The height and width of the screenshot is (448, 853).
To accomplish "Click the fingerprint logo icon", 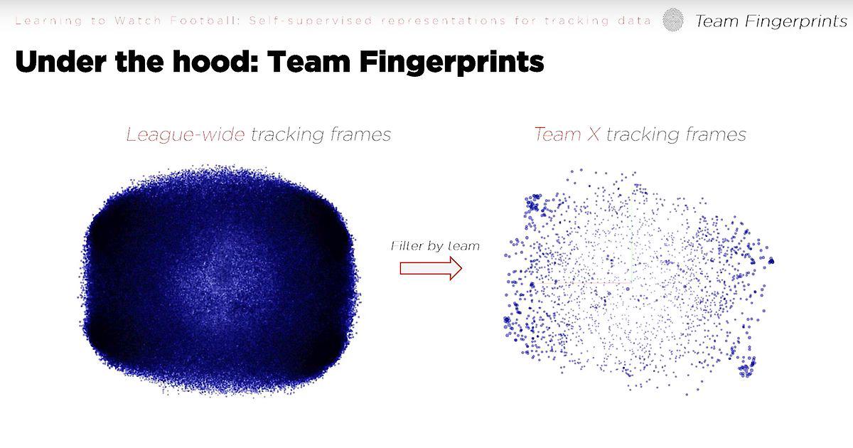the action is [x=673, y=19].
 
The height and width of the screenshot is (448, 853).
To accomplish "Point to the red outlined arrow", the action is [x=431, y=268].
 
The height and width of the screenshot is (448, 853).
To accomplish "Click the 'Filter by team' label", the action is [x=435, y=246].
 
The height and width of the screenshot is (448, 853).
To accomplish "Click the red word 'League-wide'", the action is [x=186, y=135].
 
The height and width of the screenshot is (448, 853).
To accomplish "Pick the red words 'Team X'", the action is [x=567, y=134].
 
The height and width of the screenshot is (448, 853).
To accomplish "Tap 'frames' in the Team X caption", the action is [x=716, y=134].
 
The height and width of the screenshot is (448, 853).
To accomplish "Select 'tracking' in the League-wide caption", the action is [x=287, y=135].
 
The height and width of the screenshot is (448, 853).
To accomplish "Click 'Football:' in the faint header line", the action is [x=205, y=21].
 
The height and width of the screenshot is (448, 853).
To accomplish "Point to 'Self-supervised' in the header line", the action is [x=311, y=21].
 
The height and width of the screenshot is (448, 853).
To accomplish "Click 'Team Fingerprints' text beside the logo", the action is [x=771, y=21].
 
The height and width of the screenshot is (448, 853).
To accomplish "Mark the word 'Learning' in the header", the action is [x=48, y=21].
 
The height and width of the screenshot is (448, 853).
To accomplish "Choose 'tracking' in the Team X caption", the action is [x=643, y=135].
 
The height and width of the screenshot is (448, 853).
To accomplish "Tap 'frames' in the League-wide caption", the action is [x=360, y=134].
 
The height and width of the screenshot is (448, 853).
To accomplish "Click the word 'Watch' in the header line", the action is [x=138, y=21].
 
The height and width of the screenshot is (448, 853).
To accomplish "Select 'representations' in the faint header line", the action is [x=444, y=21].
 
